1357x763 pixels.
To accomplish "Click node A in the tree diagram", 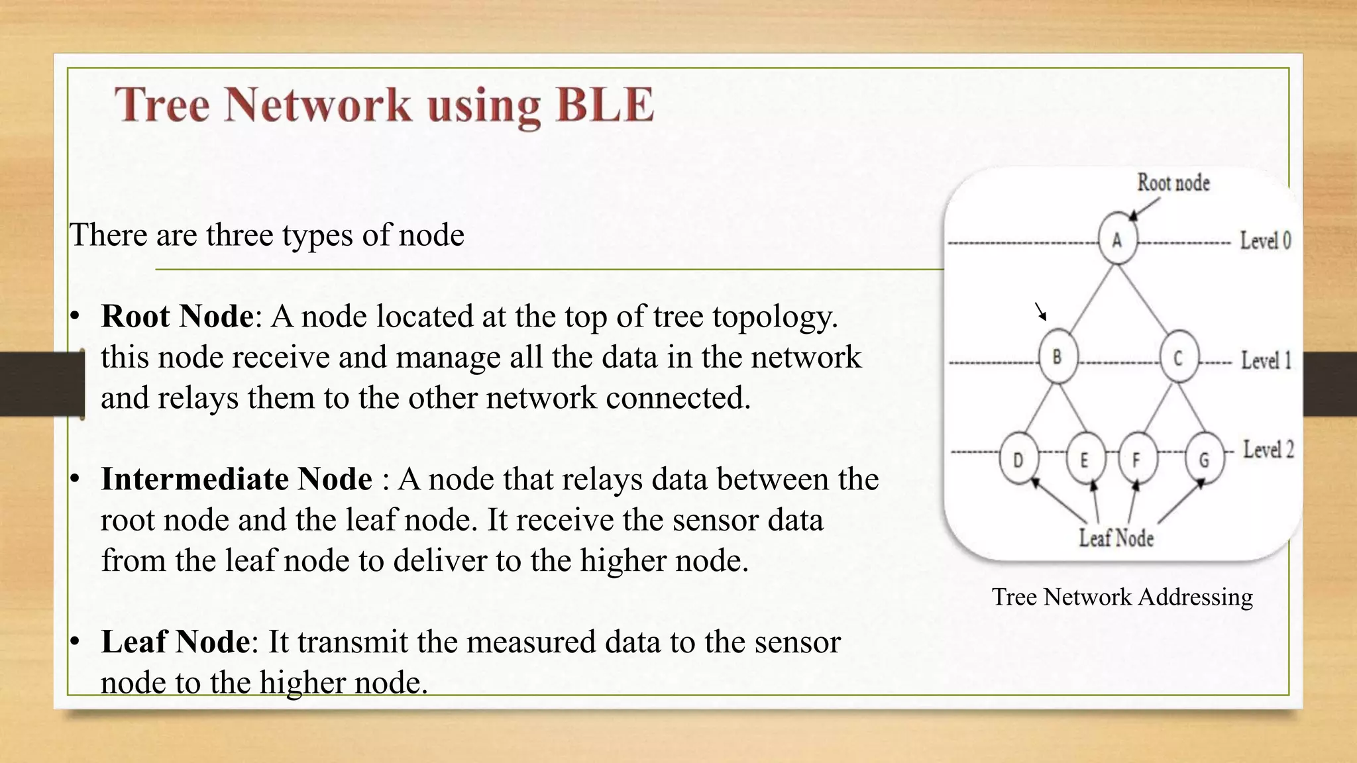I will click(1117, 239).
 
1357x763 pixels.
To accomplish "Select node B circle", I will click(1058, 357).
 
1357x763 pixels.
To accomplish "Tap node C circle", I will click(1179, 358).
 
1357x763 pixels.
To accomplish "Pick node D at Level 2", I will click(1018, 459).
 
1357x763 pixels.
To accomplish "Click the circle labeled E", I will click(1085, 459).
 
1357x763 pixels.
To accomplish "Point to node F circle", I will click(1137, 459).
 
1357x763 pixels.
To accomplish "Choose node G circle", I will click(1204, 459).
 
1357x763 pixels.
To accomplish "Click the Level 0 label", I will click(1266, 240).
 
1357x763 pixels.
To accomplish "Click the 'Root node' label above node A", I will click(1173, 183).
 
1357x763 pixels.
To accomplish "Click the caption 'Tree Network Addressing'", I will click(1122, 597).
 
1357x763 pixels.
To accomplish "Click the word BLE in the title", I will click(604, 105).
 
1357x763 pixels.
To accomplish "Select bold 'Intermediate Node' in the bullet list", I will click(237, 479).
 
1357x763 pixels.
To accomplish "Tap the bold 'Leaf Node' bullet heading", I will click(176, 642).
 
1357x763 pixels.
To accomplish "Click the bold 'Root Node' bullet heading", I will click(177, 316).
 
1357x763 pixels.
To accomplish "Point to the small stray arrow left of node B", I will click(1041, 311).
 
